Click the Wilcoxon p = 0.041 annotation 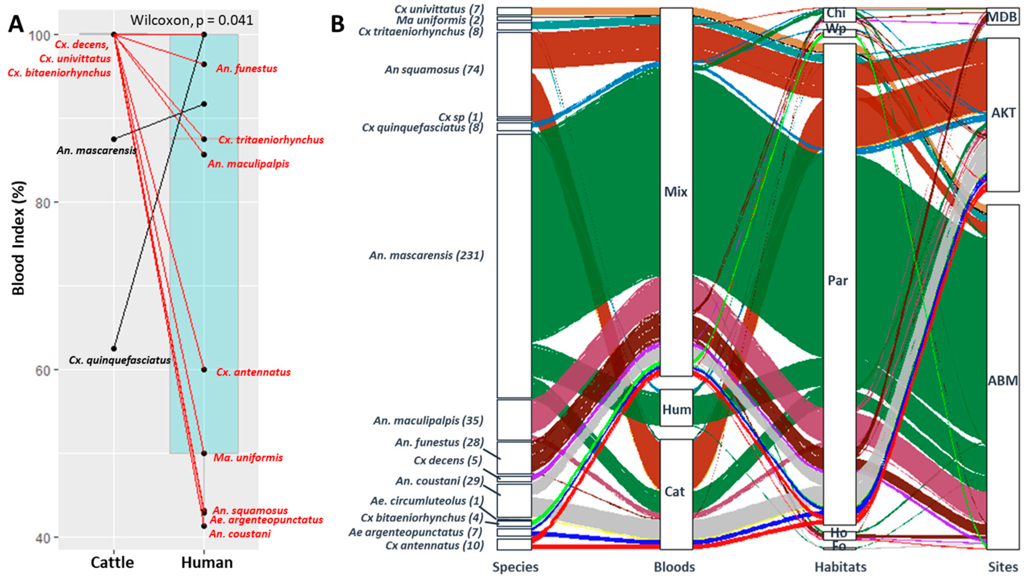192,20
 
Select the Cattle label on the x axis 112,562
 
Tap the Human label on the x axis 207,562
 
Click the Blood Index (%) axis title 18,238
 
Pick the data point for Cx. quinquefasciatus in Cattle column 114,349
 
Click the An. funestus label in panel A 247,69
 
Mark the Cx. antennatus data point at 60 204,369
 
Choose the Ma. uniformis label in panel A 248,458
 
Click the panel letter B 338,25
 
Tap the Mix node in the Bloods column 676,192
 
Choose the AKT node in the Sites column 1003,113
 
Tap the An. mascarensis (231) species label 426,255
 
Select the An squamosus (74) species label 434,70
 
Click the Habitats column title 840,567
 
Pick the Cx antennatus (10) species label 434,545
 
